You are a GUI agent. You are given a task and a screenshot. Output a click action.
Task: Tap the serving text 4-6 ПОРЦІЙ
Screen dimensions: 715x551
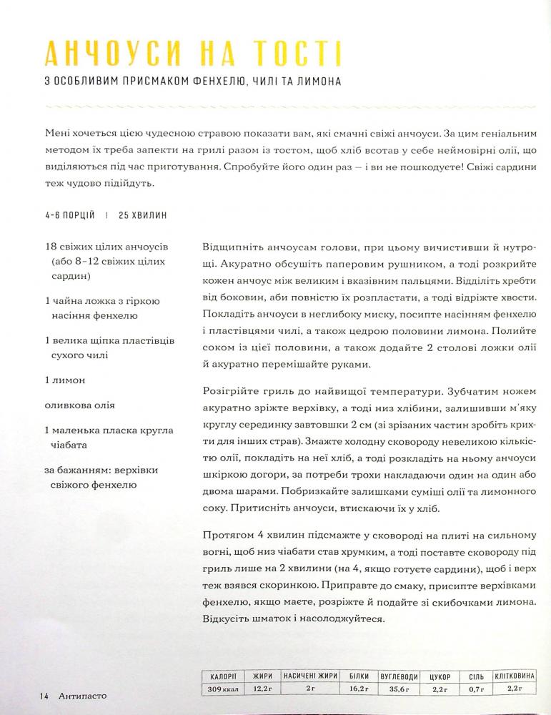(x=69, y=215)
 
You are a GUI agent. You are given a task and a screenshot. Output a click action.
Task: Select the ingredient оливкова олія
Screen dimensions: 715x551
(x=79, y=405)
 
